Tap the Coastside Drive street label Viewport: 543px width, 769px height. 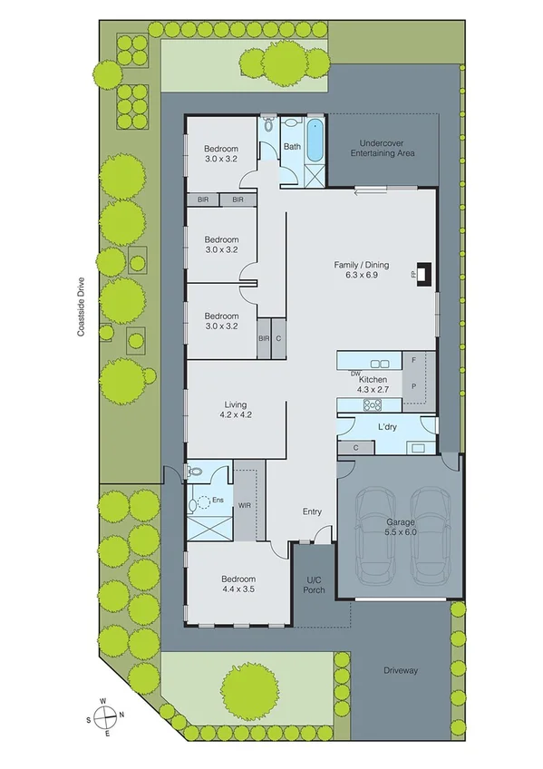[81, 307]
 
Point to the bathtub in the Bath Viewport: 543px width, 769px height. [315, 141]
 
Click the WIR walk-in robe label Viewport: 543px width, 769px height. [245, 504]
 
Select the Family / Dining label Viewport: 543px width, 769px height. [361, 269]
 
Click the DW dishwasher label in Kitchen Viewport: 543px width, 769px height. [355, 373]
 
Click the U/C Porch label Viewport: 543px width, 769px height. [313, 584]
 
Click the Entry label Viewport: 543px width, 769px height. [312, 511]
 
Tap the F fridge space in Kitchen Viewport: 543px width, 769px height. [413, 361]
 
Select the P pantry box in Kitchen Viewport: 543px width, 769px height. [413, 385]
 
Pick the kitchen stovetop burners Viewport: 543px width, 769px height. [372, 404]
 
